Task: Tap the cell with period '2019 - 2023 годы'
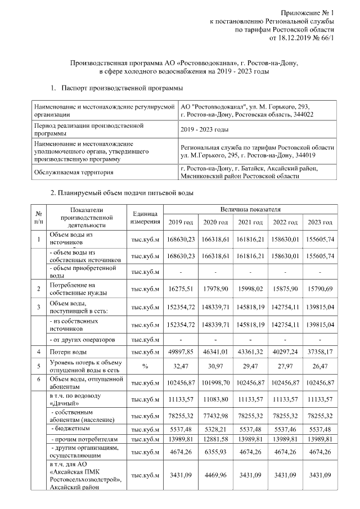point(205,129)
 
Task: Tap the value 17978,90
point(216,289)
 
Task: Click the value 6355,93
point(216,451)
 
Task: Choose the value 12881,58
point(216,438)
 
